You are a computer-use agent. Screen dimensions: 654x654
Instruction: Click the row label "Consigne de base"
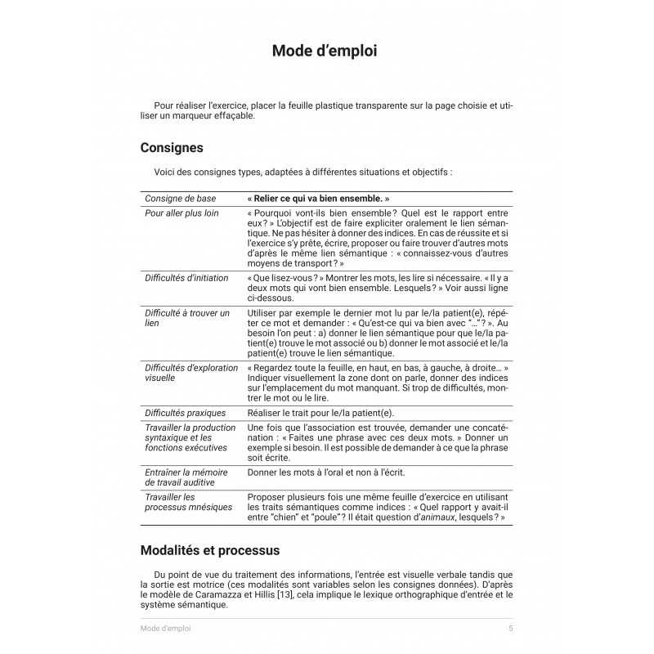(x=181, y=199)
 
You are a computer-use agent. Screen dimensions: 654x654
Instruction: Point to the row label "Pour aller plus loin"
(x=181, y=213)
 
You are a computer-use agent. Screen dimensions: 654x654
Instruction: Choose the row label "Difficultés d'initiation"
(x=186, y=278)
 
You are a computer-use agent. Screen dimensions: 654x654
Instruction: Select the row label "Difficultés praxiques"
(x=185, y=413)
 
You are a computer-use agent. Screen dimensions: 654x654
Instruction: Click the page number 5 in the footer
(x=510, y=629)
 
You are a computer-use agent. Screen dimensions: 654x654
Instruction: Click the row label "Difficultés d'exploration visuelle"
(x=190, y=375)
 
